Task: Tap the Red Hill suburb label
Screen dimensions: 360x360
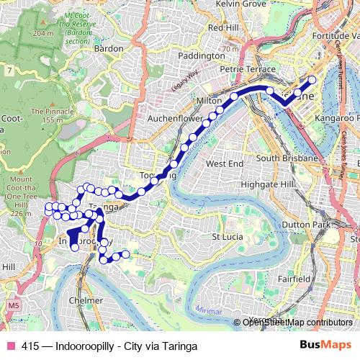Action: coord(222,27)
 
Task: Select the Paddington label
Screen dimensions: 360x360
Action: coord(202,55)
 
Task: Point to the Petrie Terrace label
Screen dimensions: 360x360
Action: coord(238,71)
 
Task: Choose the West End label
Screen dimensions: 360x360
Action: coord(225,164)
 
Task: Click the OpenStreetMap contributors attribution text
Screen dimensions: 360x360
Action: coord(297,323)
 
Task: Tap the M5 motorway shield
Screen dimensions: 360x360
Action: coord(14,306)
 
